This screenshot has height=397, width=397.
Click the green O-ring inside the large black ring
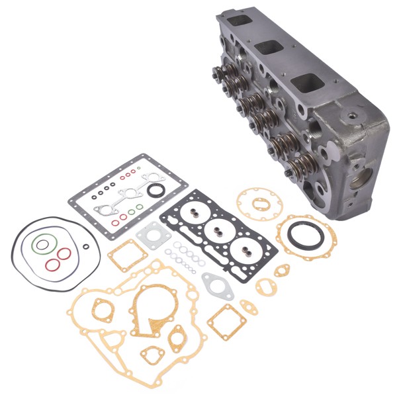click(x=42, y=245)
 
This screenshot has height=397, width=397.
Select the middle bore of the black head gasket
click(x=217, y=228)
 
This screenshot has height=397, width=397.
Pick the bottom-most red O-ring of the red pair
click(x=53, y=265)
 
